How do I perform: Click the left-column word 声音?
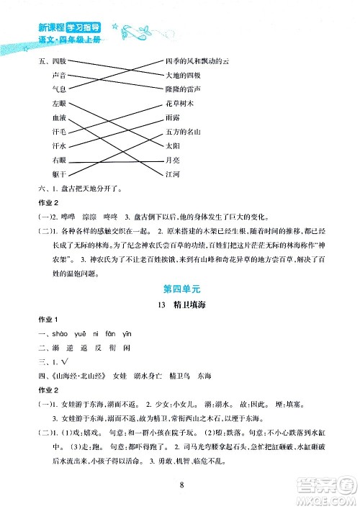click(59, 76)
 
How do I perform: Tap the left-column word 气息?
click(59, 89)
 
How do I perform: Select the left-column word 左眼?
click(59, 104)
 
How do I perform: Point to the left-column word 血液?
click(59, 118)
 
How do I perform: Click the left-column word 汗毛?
click(59, 132)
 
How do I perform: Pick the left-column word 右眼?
click(59, 160)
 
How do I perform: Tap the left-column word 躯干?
click(59, 174)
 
